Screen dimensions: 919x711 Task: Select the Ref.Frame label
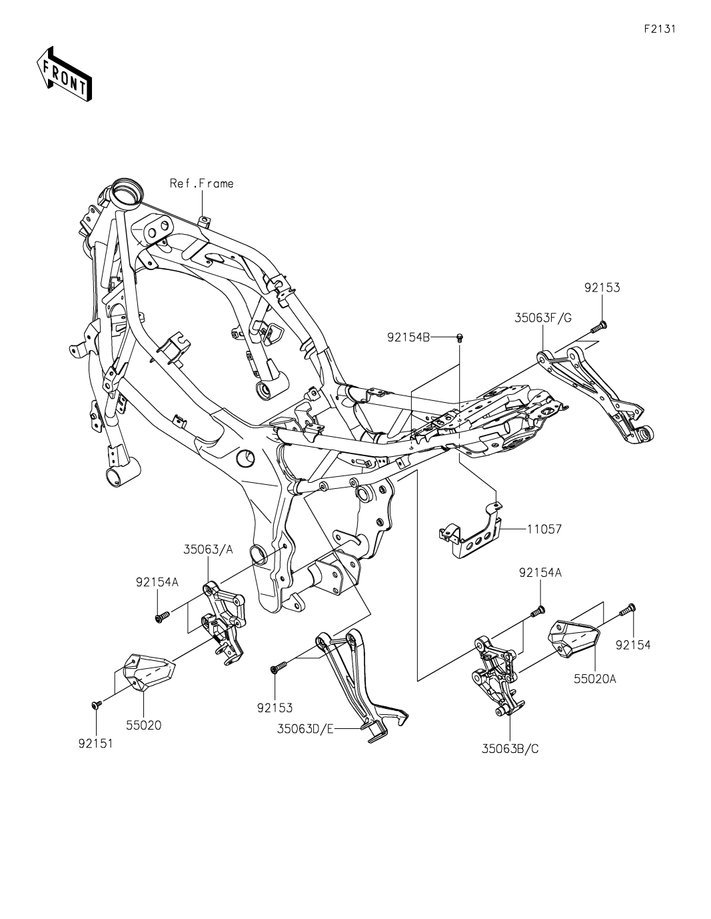click(201, 183)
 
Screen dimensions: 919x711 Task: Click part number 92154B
click(408, 338)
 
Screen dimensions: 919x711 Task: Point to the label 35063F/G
click(543, 318)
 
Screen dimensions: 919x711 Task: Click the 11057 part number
click(544, 529)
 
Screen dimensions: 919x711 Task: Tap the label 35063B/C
click(510, 748)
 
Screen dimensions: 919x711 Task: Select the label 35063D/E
click(305, 729)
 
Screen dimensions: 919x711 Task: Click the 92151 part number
click(95, 743)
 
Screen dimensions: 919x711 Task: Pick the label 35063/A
click(209, 550)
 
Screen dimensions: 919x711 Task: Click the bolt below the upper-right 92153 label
click(598, 326)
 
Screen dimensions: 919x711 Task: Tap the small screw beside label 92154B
click(460, 339)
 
